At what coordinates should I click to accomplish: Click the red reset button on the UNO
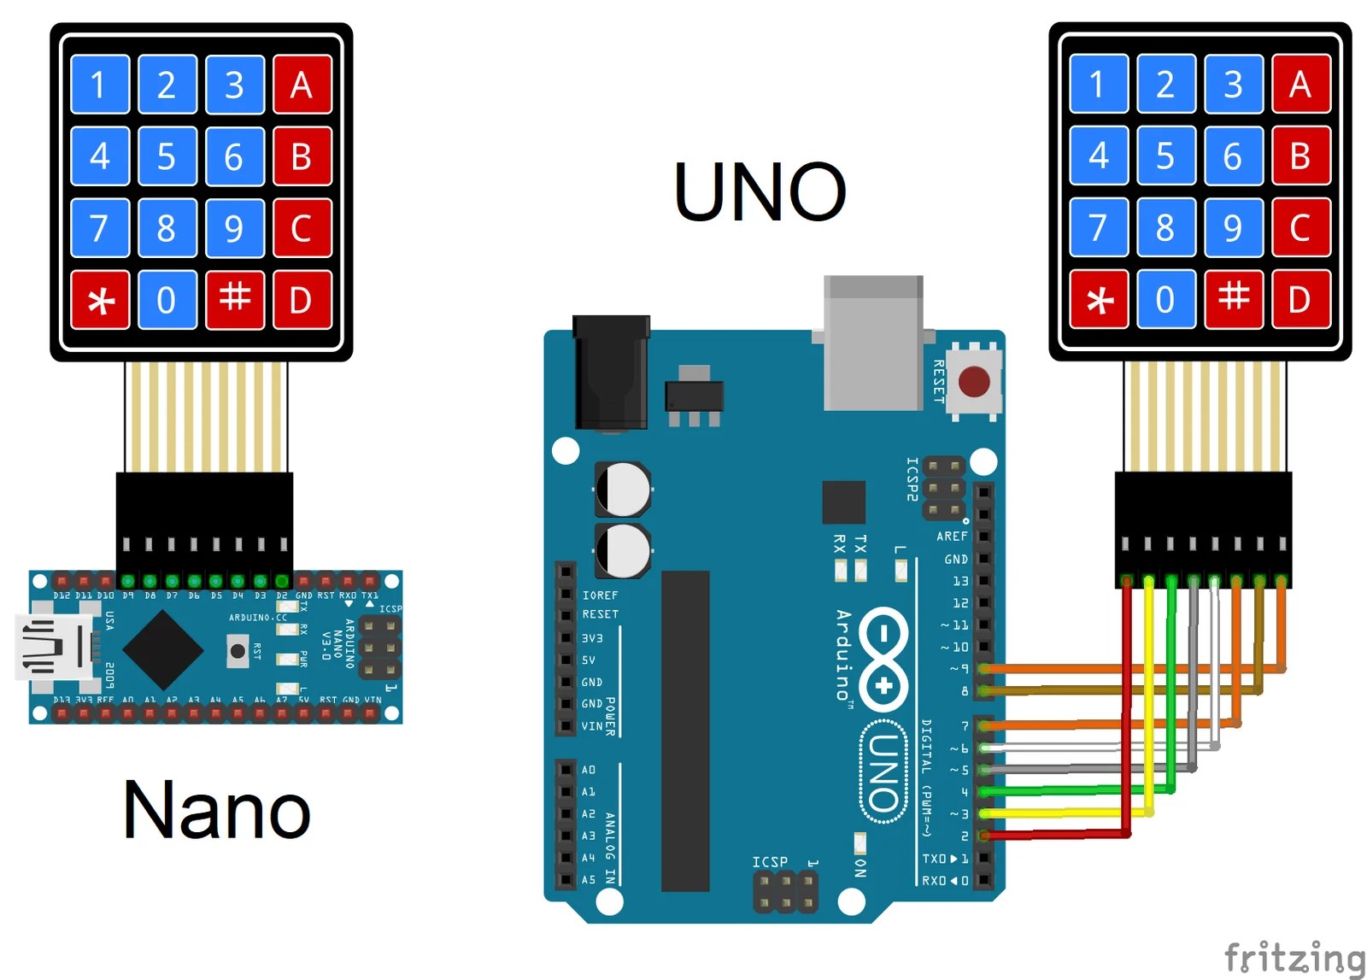(974, 382)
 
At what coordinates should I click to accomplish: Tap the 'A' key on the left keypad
(302, 85)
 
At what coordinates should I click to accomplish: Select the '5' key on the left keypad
(167, 156)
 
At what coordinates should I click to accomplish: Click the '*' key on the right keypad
(1099, 300)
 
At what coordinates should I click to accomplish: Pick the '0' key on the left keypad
(167, 300)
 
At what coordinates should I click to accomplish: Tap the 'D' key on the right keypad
(1300, 300)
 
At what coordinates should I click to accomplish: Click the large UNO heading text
(760, 192)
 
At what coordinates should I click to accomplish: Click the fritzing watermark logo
(1294, 957)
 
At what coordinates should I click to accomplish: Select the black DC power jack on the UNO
(610, 373)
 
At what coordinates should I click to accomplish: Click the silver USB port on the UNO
(872, 342)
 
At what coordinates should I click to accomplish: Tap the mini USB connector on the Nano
(53, 647)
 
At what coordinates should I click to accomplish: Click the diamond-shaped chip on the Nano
(163, 650)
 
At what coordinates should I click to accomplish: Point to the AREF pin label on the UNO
(951, 537)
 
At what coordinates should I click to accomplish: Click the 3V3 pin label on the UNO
(592, 638)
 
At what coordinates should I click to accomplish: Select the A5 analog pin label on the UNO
(588, 879)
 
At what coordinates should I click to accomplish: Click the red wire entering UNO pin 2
(1059, 835)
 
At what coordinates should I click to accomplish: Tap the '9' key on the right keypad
(1232, 228)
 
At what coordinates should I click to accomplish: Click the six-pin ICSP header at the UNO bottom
(784, 891)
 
